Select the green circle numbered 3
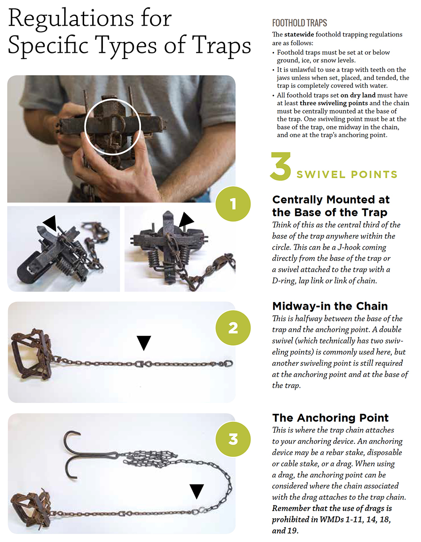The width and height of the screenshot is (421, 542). pyautogui.click(x=232, y=440)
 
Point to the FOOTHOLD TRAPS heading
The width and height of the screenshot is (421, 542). pyautogui.click(x=299, y=23)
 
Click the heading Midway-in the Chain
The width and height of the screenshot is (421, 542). pyautogui.click(x=330, y=306)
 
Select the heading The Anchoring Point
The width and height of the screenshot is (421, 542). pyautogui.click(x=330, y=418)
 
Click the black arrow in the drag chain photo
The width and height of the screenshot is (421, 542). pyautogui.click(x=196, y=491)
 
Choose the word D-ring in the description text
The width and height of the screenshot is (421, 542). pyautogui.click(x=284, y=281)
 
